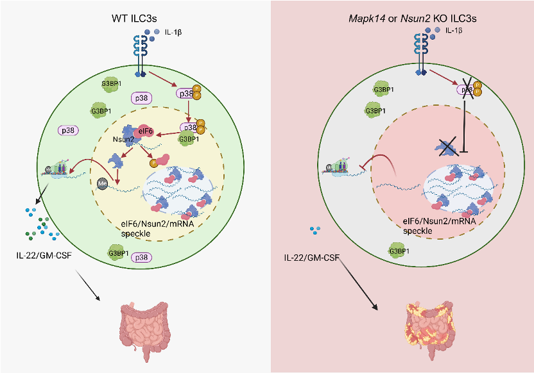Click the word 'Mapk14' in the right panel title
[x=360, y=19]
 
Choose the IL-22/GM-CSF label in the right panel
[x=312, y=258]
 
